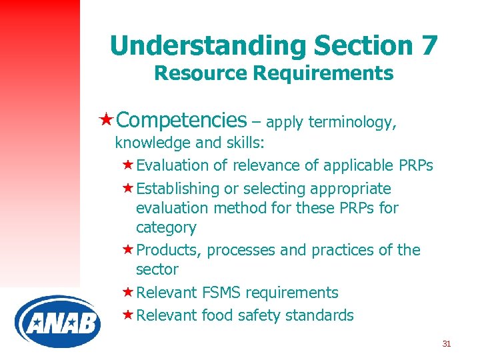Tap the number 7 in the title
tap(428, 45)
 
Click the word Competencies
tap(181, 120)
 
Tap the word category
tap(166, 227)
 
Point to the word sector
tap(157, 269)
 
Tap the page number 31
tap(447, 344)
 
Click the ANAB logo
tap(57, 322)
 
